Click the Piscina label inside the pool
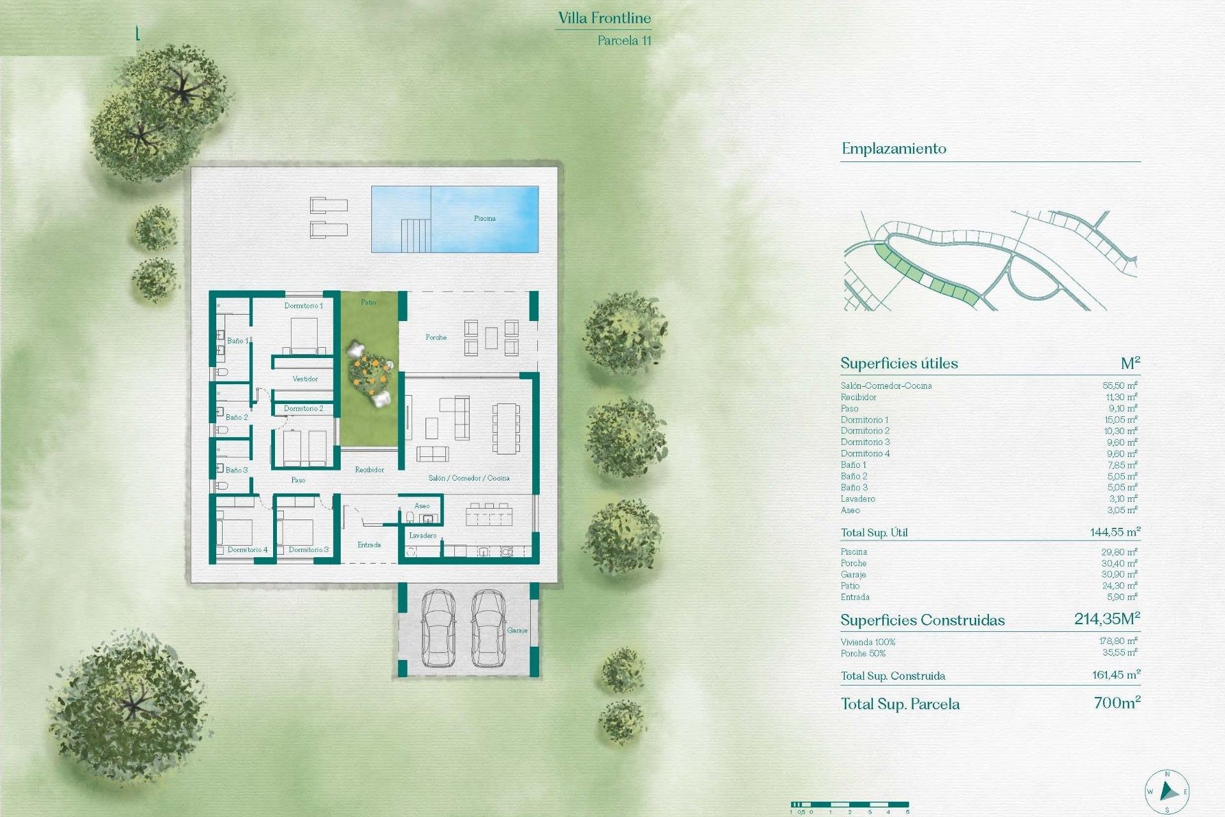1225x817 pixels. (x=484, y=218)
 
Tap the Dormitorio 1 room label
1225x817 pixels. (x=304, y=306)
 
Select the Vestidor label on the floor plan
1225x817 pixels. (x=305, y=379)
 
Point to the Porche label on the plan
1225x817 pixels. (x=436, y=337)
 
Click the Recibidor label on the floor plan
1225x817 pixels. (x=369, y=470)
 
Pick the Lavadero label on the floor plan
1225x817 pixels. (x=422, y=536)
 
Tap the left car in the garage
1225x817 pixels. (x=438, y=628)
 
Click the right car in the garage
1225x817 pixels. (x=488, y=628)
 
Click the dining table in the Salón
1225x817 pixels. (x=505, y=428)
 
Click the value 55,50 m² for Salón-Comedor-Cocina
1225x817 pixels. (x=1120, y=386)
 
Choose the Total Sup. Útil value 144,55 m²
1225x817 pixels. (x=1115, y=532)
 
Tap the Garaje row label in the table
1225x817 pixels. (x=853, y=574)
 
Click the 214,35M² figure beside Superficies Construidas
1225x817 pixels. (x=1107, y=618)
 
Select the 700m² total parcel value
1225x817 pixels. (x=1117, y=703)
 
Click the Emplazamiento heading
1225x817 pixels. (x=893, y=149)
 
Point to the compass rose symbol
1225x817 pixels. (x=1167, y=792)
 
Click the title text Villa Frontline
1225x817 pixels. (x=604, y=19)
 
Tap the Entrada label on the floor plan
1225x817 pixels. (x=369, y=544)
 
